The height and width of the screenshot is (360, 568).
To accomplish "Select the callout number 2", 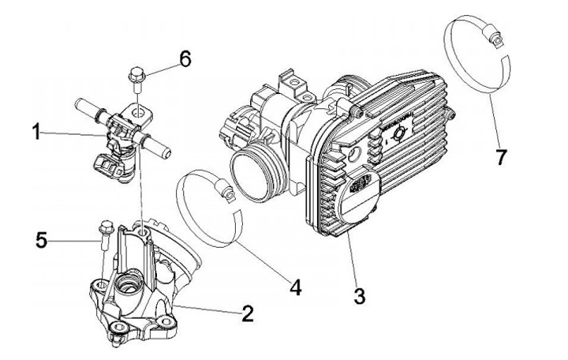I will (248, 314).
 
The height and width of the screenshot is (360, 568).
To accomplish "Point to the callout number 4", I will (295, 287).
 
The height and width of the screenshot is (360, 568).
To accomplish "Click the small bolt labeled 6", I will (134, 78).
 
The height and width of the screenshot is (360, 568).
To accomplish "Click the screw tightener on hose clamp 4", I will (226, 189).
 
